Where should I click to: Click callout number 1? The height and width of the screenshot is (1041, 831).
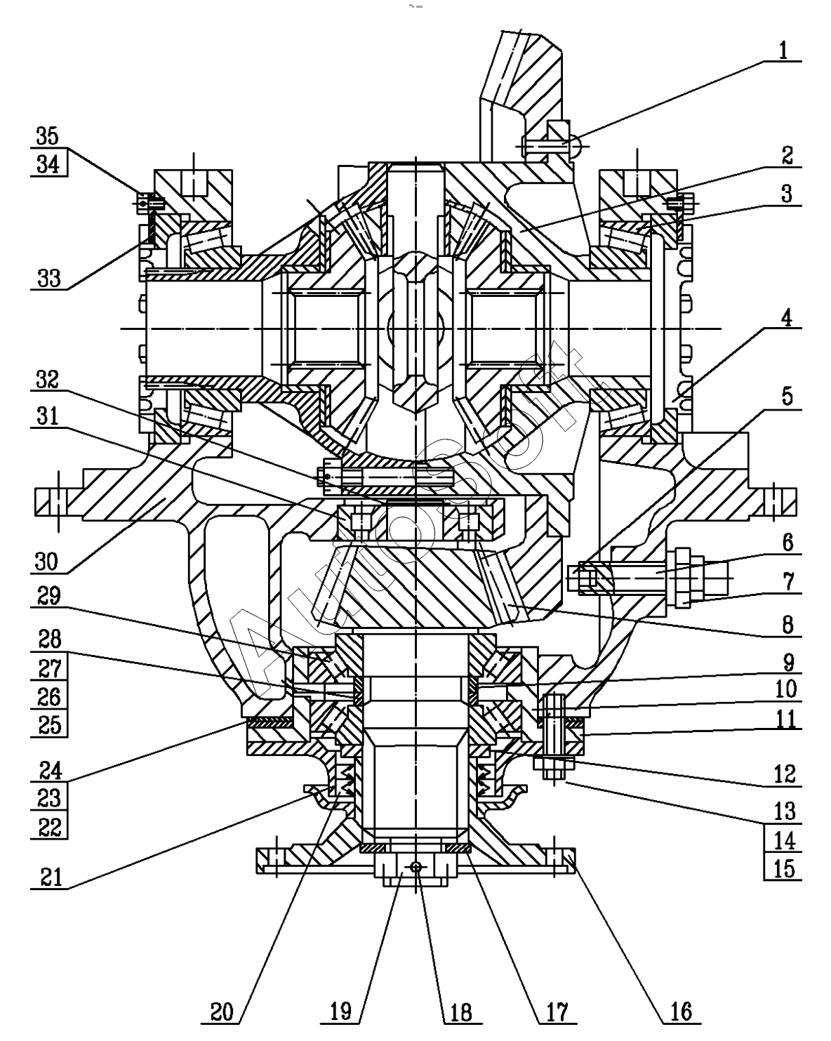(783, 51)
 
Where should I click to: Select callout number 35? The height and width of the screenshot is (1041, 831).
(48, 136)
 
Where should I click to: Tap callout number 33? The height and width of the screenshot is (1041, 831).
(49, 278)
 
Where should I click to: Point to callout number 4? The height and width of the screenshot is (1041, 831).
(787, 318)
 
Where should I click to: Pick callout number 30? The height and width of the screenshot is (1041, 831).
(46, 562)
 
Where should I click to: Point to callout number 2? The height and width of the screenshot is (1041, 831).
(787, 156)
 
